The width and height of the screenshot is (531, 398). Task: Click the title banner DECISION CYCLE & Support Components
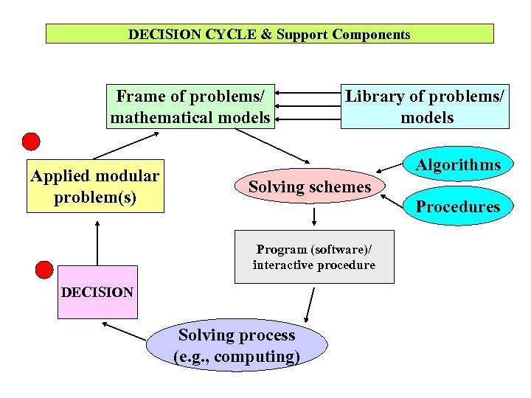coord(269,34)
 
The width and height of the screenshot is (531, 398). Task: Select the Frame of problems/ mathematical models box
coord(190,106)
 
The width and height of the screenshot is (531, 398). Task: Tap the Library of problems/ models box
coord(426,106)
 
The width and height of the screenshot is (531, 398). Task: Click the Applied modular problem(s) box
coord(95,186)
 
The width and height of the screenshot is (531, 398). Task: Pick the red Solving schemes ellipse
coord(310,187)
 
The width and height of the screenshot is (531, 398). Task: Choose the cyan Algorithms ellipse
coord(458,165)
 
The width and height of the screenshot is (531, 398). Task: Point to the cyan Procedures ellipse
coord(458,206)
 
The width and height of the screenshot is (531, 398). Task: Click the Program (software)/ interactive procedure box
coord(314,257)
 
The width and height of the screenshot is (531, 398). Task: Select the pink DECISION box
coord(97,292)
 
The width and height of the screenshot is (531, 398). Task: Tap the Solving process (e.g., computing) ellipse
coord(237,346)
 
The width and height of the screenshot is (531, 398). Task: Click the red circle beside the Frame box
coord(30,142)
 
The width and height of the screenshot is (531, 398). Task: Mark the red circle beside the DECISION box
coord(44,270)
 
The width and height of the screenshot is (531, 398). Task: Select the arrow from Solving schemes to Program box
coord(315,216)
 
